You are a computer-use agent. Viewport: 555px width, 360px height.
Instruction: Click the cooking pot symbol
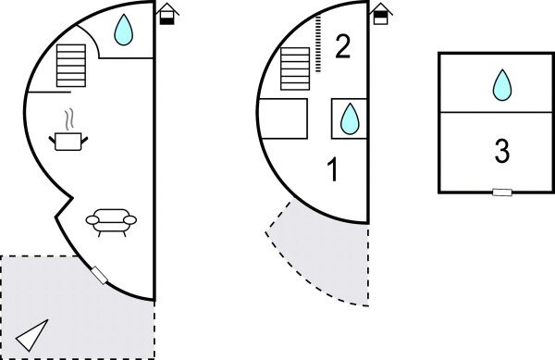68,142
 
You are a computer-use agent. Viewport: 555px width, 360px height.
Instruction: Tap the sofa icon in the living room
111,222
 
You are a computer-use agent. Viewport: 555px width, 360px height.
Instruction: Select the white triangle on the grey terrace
31,334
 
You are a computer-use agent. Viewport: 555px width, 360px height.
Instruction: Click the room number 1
333,170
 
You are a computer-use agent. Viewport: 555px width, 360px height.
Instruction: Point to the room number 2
342,46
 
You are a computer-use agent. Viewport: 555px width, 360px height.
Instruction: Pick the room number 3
502,151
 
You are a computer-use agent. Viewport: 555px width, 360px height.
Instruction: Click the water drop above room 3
502,85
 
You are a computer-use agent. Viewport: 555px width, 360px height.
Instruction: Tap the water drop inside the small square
350,119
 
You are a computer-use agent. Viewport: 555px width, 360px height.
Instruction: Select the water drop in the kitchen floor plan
124,30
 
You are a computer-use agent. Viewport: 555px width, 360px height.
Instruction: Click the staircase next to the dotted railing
295,68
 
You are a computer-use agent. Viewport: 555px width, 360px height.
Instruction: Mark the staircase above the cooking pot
71,66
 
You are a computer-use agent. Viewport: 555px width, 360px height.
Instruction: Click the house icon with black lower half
167,14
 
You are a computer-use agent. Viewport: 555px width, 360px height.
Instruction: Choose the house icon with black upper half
381,14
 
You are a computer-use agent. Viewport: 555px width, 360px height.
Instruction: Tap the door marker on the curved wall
99,276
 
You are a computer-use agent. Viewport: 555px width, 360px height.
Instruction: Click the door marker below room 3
502,192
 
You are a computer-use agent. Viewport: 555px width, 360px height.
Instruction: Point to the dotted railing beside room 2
318,43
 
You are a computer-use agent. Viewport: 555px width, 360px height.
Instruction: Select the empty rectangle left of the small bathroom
283,118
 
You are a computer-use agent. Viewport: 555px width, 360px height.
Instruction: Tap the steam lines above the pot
69,118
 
